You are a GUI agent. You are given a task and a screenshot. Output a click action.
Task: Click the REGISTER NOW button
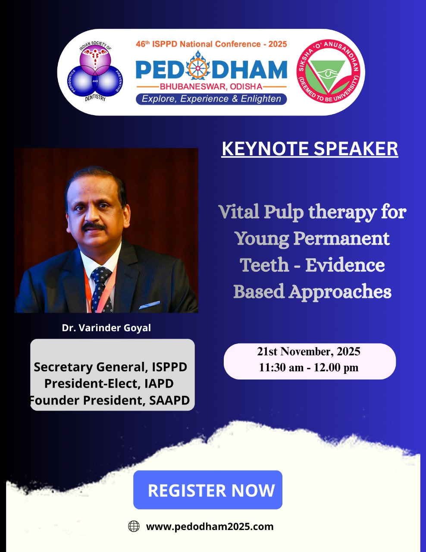(x=208, y=490)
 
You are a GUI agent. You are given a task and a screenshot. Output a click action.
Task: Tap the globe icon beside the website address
(x=134, y=527)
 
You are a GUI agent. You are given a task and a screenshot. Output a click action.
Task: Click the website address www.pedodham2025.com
(x=210, y=527)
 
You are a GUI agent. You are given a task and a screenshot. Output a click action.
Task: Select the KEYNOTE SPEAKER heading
(x=310, y=149)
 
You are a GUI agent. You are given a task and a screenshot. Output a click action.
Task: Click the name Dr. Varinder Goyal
(x=106, y=328)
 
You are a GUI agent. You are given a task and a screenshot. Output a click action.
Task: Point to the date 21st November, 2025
(x=308, y=351)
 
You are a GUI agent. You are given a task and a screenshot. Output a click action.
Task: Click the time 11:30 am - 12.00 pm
(x=308, y=367)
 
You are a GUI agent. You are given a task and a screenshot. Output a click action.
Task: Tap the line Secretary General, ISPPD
(x=110, y=367)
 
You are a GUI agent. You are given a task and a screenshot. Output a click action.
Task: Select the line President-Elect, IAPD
(x=109, y=383)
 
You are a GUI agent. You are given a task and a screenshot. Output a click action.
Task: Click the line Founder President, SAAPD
(x=110, y=400)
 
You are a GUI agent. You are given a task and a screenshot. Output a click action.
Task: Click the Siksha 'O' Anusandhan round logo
(x=328, y=72)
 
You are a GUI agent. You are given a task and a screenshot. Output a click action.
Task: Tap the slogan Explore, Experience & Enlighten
(x=211, y=99)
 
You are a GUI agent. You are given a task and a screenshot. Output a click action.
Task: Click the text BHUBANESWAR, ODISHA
(x=211, y=87)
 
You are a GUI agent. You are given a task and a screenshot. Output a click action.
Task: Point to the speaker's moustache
(x=94, y=226)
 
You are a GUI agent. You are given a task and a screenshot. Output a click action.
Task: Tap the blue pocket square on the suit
(x=150, y=305)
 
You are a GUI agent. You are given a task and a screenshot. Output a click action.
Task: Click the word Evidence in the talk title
(x=345, y=265)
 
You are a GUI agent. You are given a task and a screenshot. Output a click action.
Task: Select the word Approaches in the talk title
(x=340, y=292)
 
